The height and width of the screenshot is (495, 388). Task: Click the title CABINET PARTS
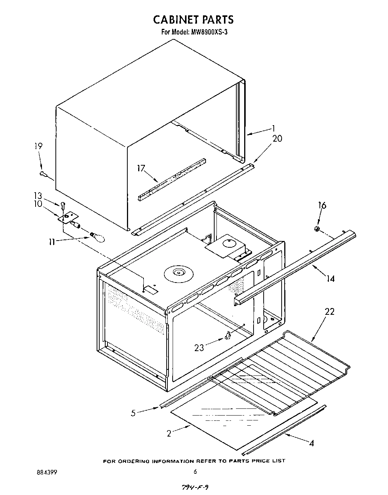[x=194, y=19]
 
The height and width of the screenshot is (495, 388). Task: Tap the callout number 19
[x=39, y=147]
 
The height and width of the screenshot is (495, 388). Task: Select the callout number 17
[x=141, y=168]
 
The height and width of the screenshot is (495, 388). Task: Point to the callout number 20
[x=277, y=139]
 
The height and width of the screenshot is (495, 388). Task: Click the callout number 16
[x=322, y=205]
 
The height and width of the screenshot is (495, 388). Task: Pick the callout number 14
[x=331, y=278]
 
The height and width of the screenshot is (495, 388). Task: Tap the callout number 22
[x=330, y=311]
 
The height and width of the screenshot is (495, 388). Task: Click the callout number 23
[x=199, y=348]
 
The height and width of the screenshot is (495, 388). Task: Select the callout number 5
[x=133, y=413]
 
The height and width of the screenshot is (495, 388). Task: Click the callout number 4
[x=311, y=443]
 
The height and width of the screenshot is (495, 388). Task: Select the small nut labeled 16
[x=316, y=229]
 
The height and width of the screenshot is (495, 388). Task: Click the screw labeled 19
[x=43, y=173]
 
